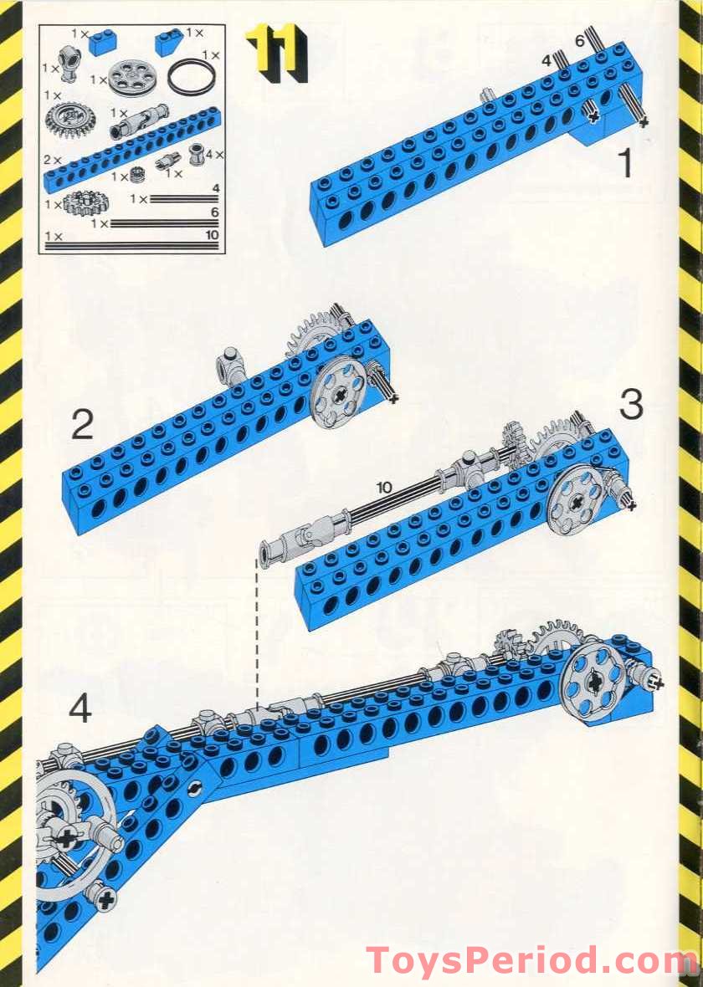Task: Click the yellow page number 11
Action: pos(277,54)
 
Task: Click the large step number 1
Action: pos(625,162)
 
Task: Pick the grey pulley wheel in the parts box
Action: pos(131,78)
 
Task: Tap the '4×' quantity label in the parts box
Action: pos(214,154)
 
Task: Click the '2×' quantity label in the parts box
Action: pos(52,161)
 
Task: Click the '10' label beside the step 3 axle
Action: pos(383,487)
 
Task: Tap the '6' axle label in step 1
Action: pos(579,42)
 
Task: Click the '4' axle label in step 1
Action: pos(546,60)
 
